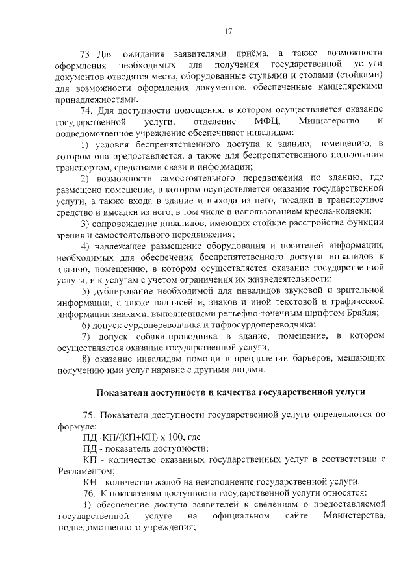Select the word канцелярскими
tap(348, 88)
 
